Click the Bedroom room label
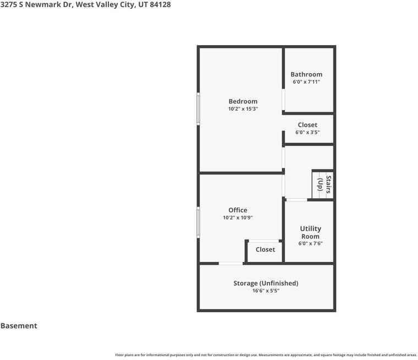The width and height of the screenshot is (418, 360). [x=243, y=101]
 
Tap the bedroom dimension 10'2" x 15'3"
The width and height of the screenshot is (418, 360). [x=243, y=108]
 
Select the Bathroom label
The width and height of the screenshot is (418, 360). [x=306, y=74]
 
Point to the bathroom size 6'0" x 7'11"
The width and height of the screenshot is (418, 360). [x=306, y=81]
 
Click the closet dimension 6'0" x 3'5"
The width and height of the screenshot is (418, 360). [x=307, y=132]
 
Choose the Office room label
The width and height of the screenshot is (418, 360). [x=238, y=210]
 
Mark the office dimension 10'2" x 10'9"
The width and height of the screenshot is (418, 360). [x=238, y=217]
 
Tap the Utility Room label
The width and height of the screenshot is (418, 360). [x=311, y=232]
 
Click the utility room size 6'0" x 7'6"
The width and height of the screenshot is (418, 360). [x=311, y=243]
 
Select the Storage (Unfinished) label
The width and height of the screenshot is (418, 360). [x=266, y=283]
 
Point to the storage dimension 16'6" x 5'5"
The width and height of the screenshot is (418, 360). [x=266, y=291]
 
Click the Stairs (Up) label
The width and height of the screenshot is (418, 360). [x=324, y=184]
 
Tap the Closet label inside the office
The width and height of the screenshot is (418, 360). [x=265, y=249]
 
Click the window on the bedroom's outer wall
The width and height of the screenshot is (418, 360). [x=198, y=108]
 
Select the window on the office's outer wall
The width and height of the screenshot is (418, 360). [x=198, y=222]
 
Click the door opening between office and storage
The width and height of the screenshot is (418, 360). [x=230, y=264]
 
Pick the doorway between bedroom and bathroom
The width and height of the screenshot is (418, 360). [x=283, y=99]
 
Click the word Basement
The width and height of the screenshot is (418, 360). [x=19, y=325]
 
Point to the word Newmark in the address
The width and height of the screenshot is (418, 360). [x=43, y=4]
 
